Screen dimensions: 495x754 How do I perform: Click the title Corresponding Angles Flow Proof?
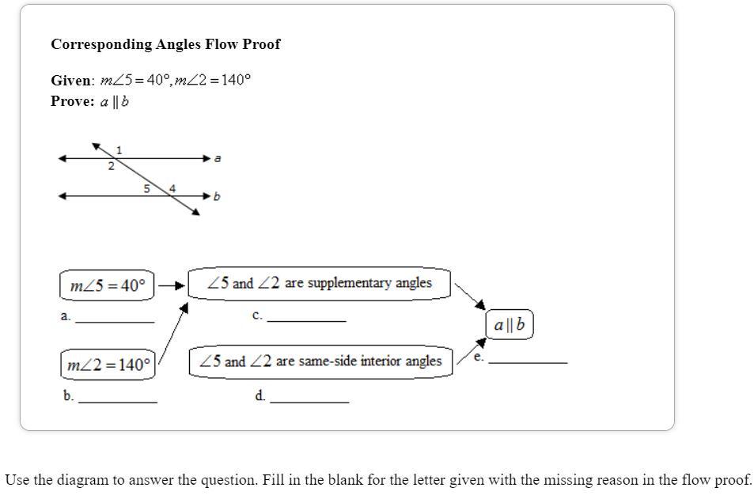pos(165,44)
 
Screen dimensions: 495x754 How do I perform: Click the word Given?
pos(72,81)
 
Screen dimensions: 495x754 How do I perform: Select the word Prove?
pos(72,101)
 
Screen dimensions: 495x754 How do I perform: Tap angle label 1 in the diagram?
pos(119,149)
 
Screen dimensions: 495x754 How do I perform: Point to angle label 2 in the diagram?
pos(111,166)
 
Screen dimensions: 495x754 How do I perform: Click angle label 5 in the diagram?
pos(146,188)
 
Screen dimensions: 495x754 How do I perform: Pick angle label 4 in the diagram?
pos(172,187)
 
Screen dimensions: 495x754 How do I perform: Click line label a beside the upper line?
pos(218,158)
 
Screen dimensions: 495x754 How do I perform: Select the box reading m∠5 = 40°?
pos(108,285)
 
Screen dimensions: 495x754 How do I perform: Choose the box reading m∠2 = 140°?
pos(108,365)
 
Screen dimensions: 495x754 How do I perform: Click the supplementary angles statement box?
pos(320,283)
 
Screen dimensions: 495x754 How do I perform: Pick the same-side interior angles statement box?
pos(320,361)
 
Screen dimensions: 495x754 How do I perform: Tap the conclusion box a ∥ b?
pos(510,325)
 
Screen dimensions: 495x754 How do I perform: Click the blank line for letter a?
pos(115,320)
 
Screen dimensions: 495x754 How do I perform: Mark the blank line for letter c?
pos(306,319)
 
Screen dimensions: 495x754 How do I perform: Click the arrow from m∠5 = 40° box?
pos(171,285)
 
